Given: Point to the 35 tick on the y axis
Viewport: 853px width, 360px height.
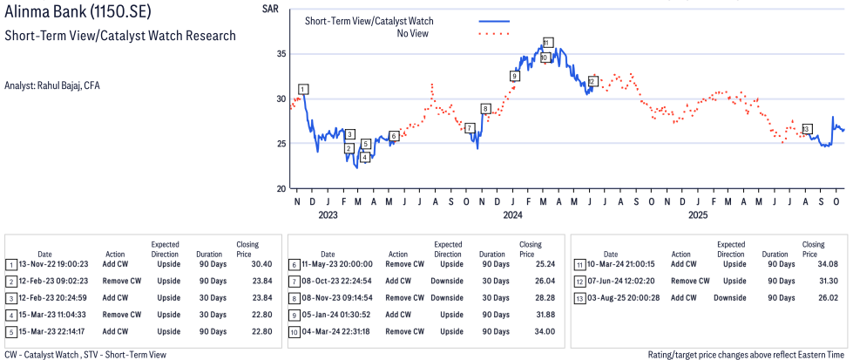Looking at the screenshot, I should click(281, 54).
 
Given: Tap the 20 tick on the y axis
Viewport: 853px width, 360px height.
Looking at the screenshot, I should click(281, 188).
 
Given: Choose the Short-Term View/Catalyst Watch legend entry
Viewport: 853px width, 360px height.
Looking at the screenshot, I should click(369, 21).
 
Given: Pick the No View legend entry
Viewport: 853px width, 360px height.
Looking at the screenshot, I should click(413, 33).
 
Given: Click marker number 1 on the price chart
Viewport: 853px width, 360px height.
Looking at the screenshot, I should click(302, 89).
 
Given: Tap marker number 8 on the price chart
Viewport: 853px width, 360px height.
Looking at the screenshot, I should click(485, 108).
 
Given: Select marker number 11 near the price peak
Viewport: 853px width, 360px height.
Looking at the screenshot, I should click(547, 42).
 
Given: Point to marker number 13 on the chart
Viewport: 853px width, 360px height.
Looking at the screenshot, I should click(807, 129).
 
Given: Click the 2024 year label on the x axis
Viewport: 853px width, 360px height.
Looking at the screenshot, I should click(512, 214).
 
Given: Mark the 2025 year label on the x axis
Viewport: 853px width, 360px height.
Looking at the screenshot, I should click(697, 214).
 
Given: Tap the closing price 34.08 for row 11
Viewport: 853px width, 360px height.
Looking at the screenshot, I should click(813, 263).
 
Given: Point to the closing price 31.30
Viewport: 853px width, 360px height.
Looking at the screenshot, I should click(813, 281).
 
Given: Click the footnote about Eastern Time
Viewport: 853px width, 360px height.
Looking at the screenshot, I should click(746, 354).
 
